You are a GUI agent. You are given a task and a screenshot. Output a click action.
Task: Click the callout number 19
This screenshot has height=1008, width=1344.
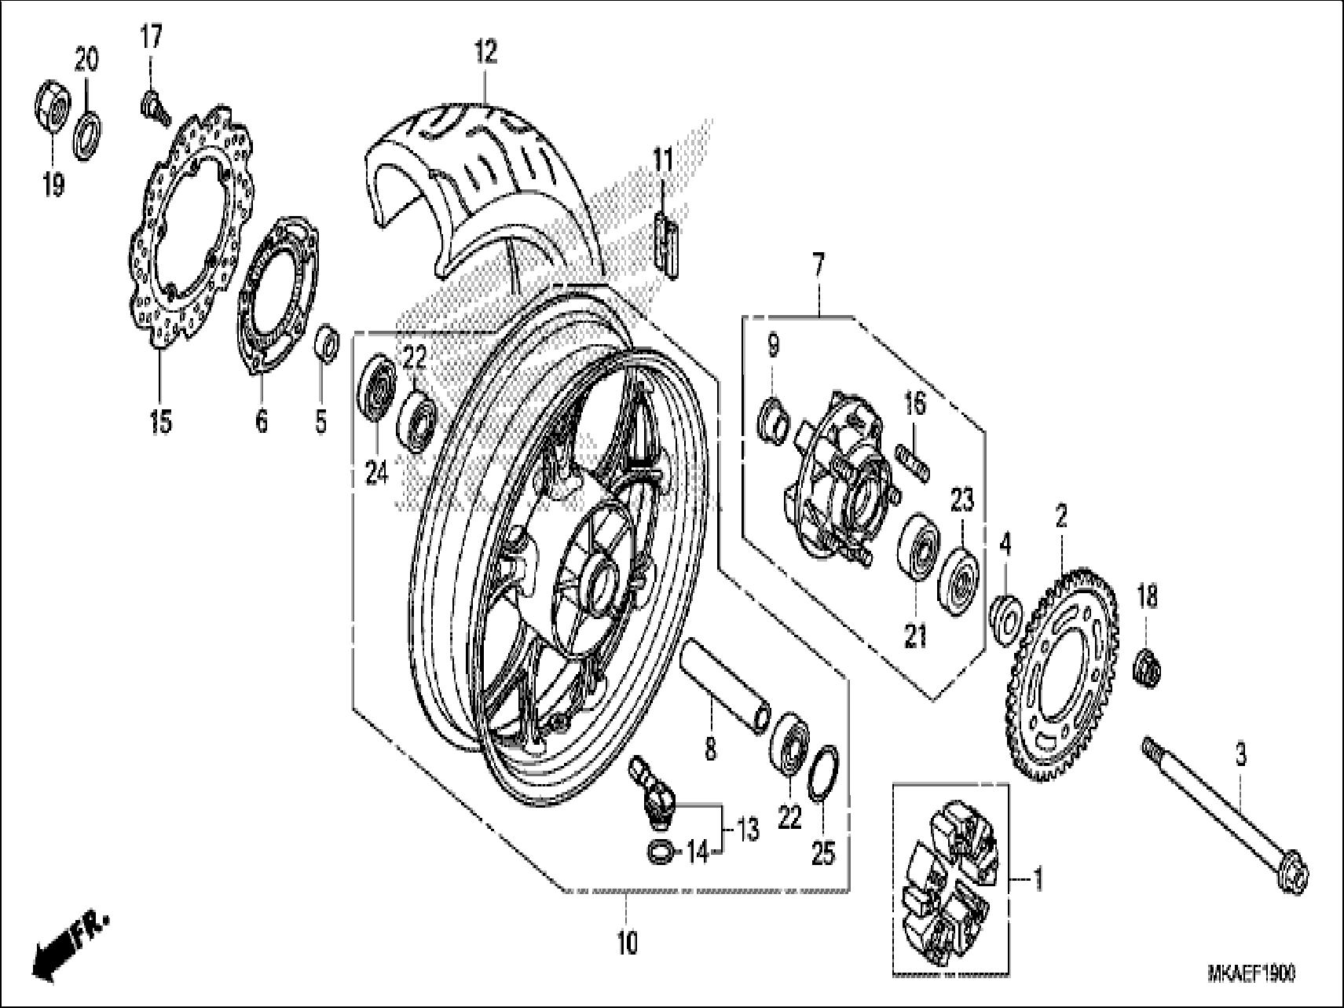pyautogui.click(x=53, y=185)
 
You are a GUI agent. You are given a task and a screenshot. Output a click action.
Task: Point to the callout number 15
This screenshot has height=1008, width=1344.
pyautogui.click(x=160, y=422)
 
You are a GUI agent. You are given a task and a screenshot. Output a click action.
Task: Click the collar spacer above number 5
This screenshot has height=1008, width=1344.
pyautogui.click(x=327, y=344)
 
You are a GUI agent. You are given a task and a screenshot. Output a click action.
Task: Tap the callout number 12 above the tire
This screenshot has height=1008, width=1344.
pyautogui.click(x=485, y=53)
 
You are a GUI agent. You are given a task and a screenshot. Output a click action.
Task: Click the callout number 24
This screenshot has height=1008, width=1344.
pyautogui.click(x=376, y=474)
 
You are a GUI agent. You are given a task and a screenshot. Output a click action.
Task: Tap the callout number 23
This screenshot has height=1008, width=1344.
pyautogui.click(x=963, y=499)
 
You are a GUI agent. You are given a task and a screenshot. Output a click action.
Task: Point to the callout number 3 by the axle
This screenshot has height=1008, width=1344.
pyautogui.click(x=1240, y=756)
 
